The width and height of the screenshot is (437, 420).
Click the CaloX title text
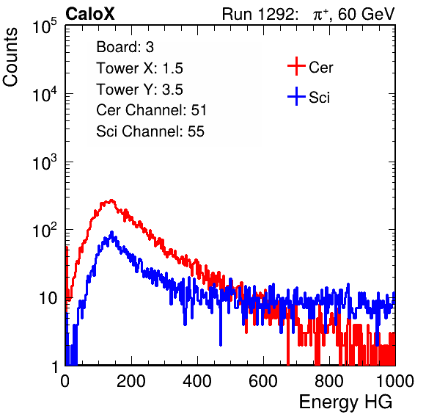(x=90, y=14)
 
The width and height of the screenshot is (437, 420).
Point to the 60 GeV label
(x=366, y=14)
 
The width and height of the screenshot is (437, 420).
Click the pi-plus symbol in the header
(x=320, y=15)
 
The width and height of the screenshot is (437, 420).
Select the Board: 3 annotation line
(x=125, y=47)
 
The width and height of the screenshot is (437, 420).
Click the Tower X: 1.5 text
(x=139, y=68)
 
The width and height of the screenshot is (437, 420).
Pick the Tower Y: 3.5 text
(x=139, y=90)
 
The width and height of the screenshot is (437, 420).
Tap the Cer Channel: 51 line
(x=151, y=110)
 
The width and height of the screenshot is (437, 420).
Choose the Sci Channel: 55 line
(x=150, y=131)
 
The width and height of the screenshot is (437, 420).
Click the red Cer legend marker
(x=296, y=66)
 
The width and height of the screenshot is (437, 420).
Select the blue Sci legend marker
(x=296, y=97)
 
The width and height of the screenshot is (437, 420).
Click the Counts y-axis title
(x=10, y=57)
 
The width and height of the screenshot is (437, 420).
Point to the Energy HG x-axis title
(x=346, y=402)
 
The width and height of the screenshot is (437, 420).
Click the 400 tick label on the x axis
(x=197, y=381)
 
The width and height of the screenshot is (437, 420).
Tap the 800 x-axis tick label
(x=329, y=381)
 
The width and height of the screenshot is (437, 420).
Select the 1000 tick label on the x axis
(x=395, y=381)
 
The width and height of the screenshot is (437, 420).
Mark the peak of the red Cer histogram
(x=111, y=200)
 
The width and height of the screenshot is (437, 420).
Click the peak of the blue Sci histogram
(x=112, y=231)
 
